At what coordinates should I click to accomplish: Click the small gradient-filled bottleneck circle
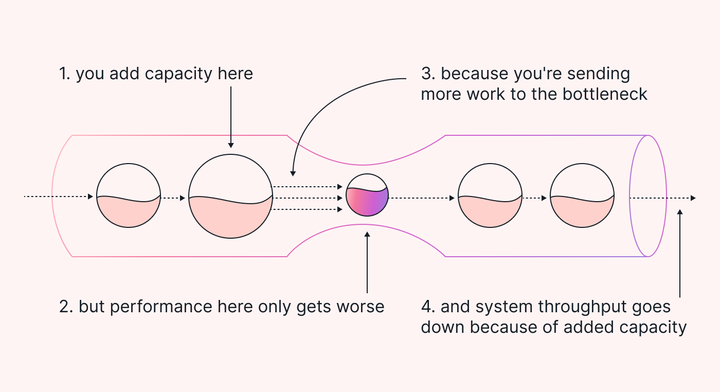pos(367,195)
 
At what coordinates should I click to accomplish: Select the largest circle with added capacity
pos(230,197)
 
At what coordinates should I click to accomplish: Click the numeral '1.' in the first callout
pos(64,74)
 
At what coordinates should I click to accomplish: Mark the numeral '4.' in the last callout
pos(428,307)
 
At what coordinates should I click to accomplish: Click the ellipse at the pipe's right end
pos(648,196)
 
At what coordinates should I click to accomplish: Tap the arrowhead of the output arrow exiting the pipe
pos(693,198)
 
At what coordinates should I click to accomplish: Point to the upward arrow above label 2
pos(367,262)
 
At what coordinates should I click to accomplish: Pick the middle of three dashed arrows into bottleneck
pos(308,198)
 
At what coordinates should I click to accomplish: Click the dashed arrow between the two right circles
pos(536,198)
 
